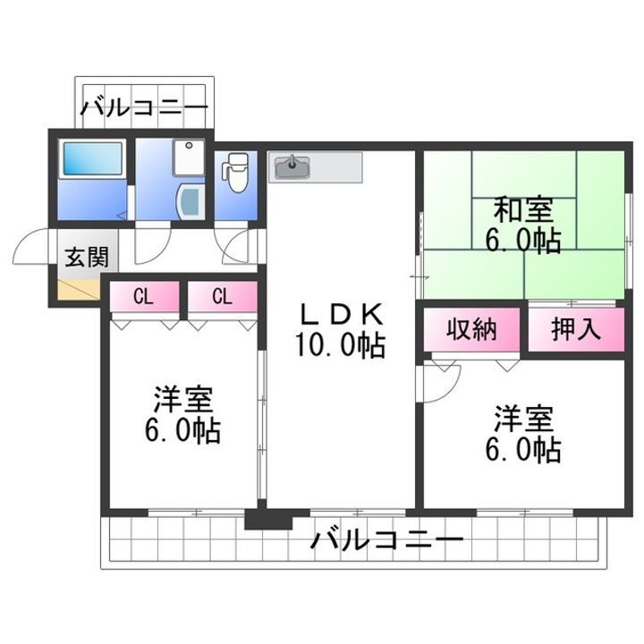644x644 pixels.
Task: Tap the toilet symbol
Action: (x=237, y=171)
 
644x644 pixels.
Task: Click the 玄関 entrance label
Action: (x=86, y=258)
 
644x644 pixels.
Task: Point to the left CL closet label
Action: (x=142, y=296)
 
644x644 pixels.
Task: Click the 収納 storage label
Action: (x=470, y=329)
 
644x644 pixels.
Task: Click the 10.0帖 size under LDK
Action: (x=341, y=344)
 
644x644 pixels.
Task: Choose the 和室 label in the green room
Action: (x=526, y=211)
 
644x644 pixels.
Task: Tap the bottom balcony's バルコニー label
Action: (x=387, y=539)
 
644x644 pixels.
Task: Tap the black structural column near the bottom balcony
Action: (x=268, y=519)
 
